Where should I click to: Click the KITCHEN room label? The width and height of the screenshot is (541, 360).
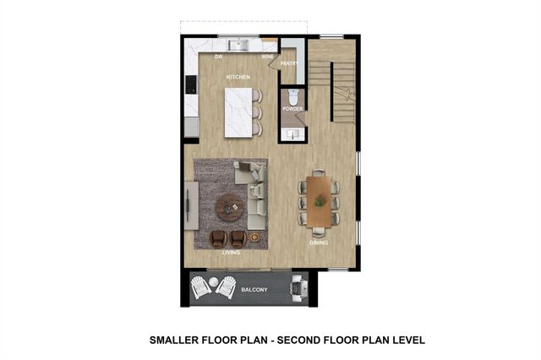tap(238, 78)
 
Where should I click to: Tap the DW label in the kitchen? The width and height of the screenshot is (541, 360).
tap(218, 57)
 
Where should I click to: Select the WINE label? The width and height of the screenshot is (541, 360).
tap(266, 57)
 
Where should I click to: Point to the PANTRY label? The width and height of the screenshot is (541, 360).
tap(290, 63)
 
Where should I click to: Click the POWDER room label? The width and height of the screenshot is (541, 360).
tap(292, 108)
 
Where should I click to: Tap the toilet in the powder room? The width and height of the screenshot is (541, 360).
tap(292, 95)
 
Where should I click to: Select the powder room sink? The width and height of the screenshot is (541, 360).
tap(293, 132)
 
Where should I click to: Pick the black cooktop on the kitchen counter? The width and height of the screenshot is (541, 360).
tap(191, 85)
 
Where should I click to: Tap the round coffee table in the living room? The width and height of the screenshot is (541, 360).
tap(229, 206)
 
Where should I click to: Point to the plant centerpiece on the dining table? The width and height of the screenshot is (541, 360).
tap(320, 201)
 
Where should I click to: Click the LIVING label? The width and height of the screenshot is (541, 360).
tap(231, 252)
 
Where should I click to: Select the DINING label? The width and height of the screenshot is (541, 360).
tap(319, 243)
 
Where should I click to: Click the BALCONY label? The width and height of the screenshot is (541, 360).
tap(254, 290)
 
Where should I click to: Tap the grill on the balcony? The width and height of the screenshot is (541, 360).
tap(298, 286)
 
